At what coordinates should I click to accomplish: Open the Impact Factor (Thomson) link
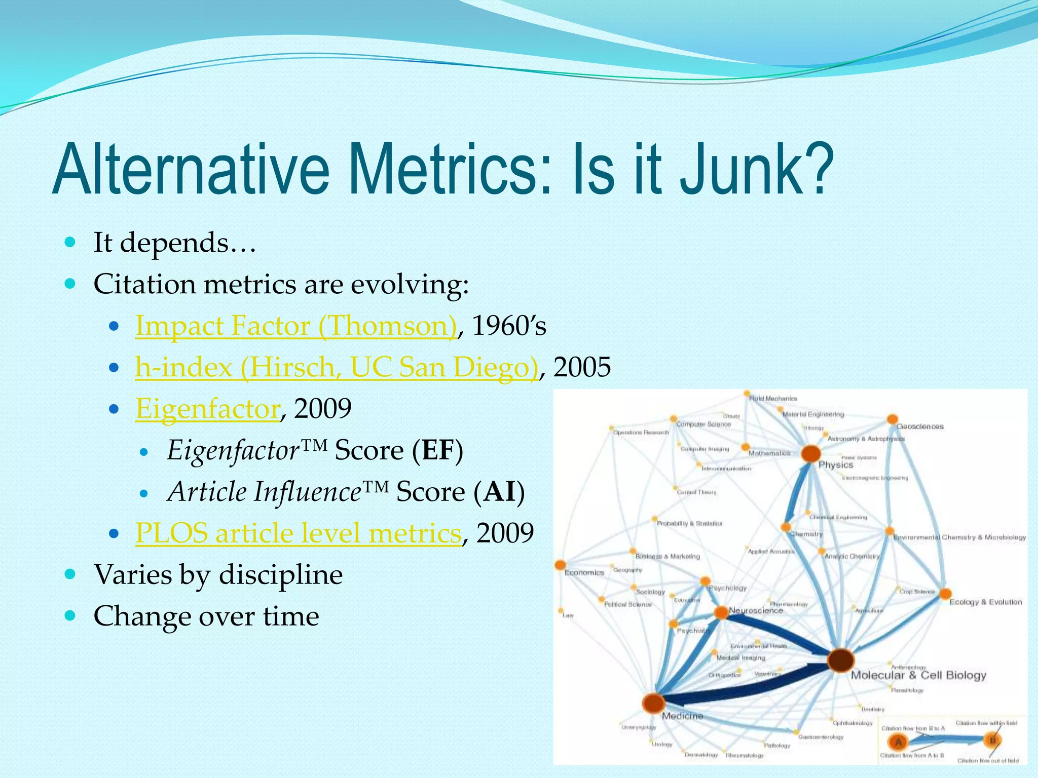point(296,326)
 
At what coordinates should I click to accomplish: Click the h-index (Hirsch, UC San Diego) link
point(337,367)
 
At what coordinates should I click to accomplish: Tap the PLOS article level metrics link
point(299,533)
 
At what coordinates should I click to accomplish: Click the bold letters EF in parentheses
point(437,450)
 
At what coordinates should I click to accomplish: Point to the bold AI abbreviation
point(499,492)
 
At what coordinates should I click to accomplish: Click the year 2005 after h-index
point(582,367)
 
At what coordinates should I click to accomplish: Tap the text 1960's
point(509,326)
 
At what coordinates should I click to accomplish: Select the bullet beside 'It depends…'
point(70,242)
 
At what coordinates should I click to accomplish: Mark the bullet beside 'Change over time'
point(70,616)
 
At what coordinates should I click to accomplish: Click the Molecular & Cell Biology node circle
point(840,660)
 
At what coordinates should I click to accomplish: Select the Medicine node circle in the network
point(653,703)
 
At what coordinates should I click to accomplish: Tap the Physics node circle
point(811,453)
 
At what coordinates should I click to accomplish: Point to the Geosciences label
point(920,426)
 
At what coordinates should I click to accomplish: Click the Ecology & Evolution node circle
point(945,594)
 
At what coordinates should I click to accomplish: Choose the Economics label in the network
point(584,573)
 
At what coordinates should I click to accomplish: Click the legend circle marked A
point(899,743)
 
